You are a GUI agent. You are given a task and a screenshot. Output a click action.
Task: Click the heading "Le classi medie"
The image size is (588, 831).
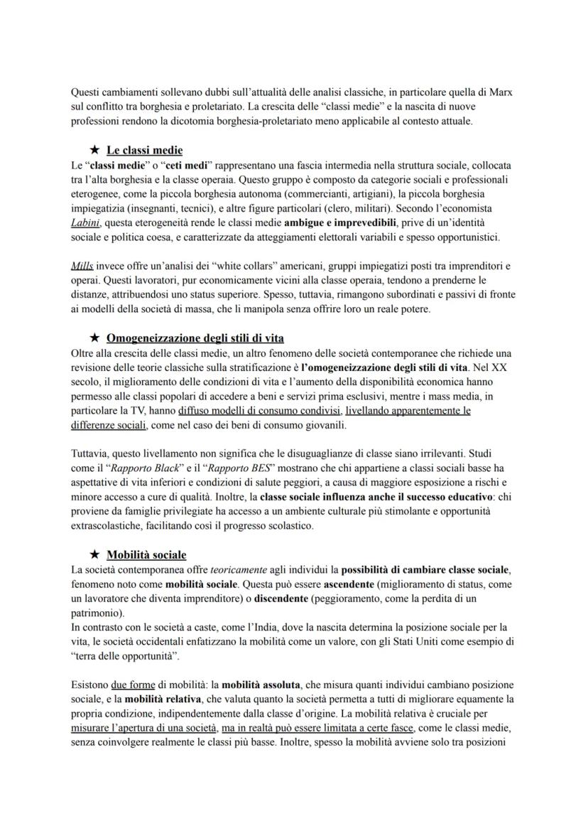coord(145,150)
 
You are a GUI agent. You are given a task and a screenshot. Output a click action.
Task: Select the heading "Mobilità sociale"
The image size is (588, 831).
coord(146,554)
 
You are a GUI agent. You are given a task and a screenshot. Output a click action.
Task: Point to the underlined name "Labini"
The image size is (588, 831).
coord(87,223)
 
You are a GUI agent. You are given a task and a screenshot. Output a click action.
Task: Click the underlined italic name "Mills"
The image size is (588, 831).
coord(82,266)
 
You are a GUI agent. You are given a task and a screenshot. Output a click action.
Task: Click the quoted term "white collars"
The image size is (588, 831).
coord(234,266)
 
